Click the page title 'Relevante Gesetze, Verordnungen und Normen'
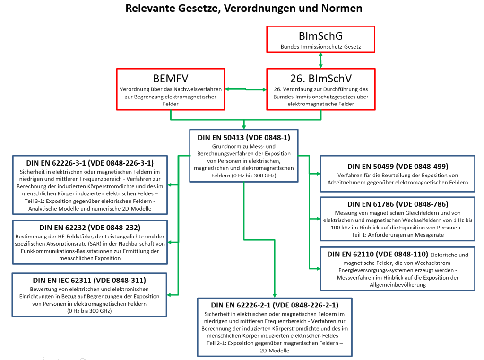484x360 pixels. tap(243, 9)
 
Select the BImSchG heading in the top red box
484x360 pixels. tap(320, 36)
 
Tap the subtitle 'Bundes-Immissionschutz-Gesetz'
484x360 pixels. tap(320, 47)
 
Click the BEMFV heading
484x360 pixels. tap(170, 79)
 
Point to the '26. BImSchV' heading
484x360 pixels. tap(321, 79)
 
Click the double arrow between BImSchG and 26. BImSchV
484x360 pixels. tap(321, 60)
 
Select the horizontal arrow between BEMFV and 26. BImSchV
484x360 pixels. tap(246, 89)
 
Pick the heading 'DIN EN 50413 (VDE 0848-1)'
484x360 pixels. tap(244, 138)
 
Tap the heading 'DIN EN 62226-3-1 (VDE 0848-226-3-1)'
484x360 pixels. tap(90, 163)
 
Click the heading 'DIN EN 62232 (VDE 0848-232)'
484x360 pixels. tap(90, 228)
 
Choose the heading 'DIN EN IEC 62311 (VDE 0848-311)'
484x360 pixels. tap(89, 280)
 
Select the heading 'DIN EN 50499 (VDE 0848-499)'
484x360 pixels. tap(398, 166)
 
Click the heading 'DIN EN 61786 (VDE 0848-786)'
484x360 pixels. tap(398, 204)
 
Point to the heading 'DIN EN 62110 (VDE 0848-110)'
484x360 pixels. tap(378, 254)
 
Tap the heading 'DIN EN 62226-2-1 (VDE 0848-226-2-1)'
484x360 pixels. tap(275, 305)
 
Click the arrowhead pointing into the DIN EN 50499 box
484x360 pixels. tap(318, 174)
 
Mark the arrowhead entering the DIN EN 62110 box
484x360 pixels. tap(318, 269)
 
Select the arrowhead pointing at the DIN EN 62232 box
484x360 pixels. tap(170, 242)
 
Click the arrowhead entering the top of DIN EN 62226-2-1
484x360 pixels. tap(275, 296)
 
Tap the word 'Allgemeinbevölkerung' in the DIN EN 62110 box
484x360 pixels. tap(398, 285)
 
